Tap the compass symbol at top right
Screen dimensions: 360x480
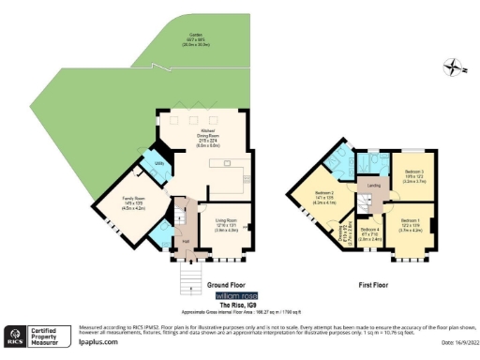point(455,67)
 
